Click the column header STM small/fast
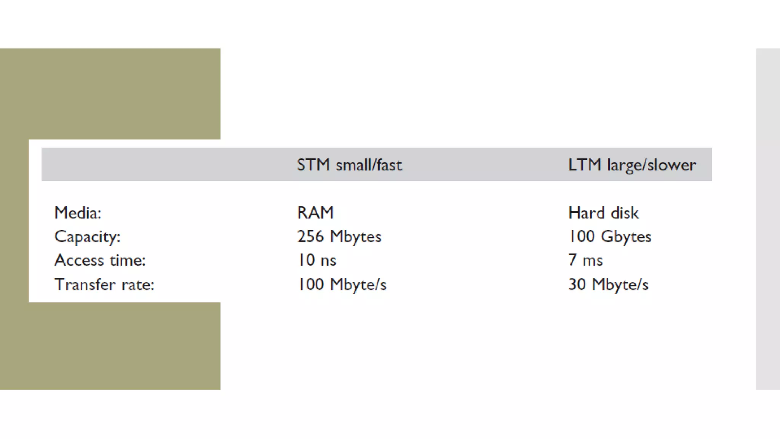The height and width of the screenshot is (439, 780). [x=349, y=165]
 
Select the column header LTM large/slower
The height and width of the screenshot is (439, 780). [x=632, y=165]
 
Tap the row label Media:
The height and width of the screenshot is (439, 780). [x=78, y=213]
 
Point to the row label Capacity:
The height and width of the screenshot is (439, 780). [x=88, y=237]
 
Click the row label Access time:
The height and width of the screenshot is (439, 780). [x=100, y=260]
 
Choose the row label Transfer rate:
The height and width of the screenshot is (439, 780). [x=104, y=284]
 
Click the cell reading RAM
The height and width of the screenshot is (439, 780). [x=315, y=213]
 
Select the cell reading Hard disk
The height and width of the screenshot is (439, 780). [x=603, y=213]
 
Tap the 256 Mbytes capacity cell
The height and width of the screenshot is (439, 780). [x=339, y=237]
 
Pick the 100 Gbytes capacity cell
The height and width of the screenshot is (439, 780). [x=610, y=237]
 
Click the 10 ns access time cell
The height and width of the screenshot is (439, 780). [x=316, y=260]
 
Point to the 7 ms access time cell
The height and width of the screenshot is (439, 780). [x=585, y=260]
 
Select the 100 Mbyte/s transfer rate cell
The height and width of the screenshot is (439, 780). [x=342, y=284]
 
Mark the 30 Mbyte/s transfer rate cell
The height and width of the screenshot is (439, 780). [x=608, y=284]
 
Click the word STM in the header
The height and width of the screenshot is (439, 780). [x=313, y=165]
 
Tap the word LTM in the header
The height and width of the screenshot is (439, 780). [x=584, y=165]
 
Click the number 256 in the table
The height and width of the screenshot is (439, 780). [x=310, y=237]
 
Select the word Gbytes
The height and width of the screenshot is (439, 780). [x=626, y=237]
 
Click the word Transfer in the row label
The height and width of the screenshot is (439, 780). [x=85, y=284]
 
